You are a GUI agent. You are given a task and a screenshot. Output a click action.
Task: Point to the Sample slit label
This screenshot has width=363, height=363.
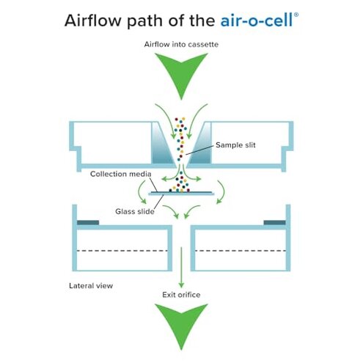(x=238, y=144)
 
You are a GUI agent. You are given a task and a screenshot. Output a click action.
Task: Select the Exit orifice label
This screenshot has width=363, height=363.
(x=181, y=295)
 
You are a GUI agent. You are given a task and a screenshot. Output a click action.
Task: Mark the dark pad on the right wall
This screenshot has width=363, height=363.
(x=274, y=222)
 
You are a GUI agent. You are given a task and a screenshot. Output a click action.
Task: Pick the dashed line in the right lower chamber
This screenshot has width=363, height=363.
(x=238, y=251)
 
